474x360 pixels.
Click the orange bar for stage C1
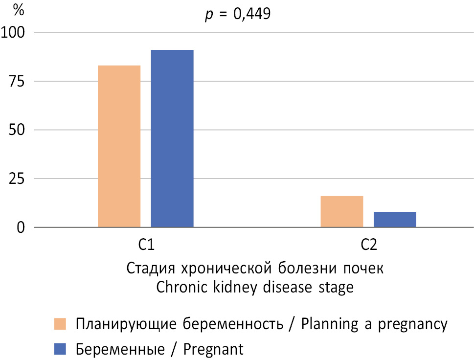click(x=119, y=146)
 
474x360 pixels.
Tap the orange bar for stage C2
click(x=341, y=211)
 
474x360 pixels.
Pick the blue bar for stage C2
click(x=395, y=219)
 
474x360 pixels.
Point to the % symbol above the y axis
click(x=20, y=10)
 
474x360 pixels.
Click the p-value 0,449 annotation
click(x=237, y=14)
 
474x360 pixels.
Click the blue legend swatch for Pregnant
click(x=60, y=349)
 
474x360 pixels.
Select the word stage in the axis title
click(x=335, y=288)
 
